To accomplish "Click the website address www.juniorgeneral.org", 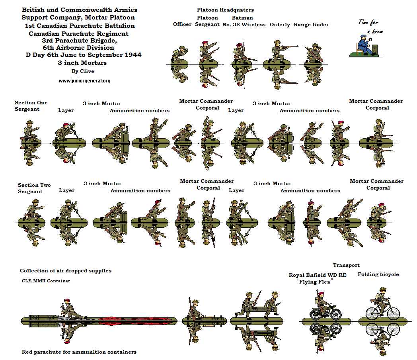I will click(x=84, y=81).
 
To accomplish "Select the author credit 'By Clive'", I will click(x=83, y=72).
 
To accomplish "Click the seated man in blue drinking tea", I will click(x=362, y=45).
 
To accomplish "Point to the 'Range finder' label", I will click(x=311, y=25).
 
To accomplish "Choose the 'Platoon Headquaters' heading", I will click(x=225, y=10).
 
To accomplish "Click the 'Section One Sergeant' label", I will click(x=31, y=106).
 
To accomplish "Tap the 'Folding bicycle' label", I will click(x=378, y=274).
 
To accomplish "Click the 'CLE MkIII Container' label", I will click(x=46, y=281).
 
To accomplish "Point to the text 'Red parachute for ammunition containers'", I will click(x=79, y=352).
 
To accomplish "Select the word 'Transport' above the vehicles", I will click(x=346, y=265).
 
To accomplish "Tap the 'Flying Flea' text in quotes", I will click(x=314, y=282).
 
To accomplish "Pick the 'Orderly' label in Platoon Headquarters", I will click(x=280, y=25).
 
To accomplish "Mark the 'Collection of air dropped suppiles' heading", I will click(x=66, y=271).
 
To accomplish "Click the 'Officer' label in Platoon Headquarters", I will click(x=182, y=25).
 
